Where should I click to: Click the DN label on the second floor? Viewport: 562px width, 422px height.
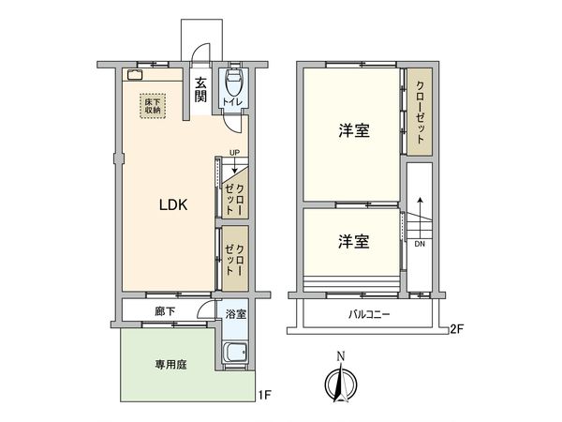[419, 245]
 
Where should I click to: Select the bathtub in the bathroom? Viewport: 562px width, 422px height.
[234, 354]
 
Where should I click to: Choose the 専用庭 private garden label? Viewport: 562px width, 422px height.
[170, 364]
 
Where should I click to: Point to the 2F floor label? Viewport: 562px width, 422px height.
[456, 328]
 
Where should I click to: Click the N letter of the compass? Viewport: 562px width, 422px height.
[341, 355]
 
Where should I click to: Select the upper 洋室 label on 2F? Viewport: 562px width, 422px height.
[352, 131]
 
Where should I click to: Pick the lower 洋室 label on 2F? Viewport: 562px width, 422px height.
[352, 241]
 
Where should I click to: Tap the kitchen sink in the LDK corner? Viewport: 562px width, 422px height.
[133, 77]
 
